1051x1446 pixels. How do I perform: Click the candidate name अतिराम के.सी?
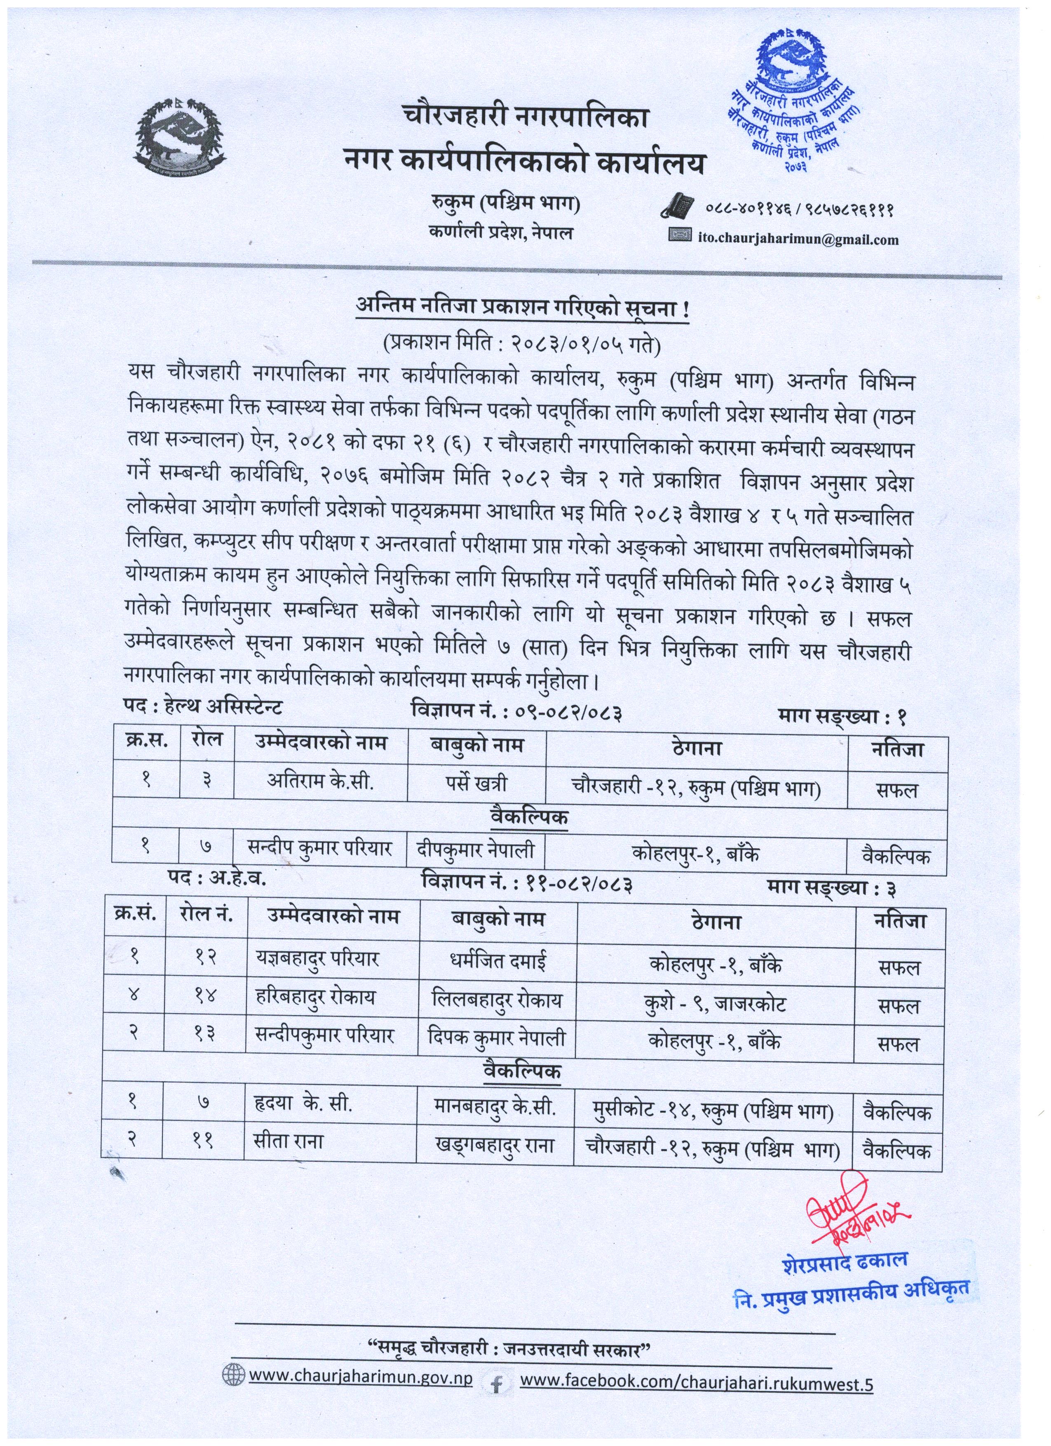point(320,782)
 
